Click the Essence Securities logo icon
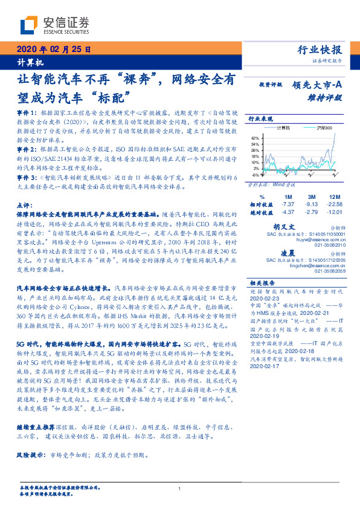(28, 25)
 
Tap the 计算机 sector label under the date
(25, 63)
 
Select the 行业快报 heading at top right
(321, 50)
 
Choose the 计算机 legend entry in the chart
(283, 128)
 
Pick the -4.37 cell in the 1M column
(288, 212)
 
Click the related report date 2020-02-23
(262, 298)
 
